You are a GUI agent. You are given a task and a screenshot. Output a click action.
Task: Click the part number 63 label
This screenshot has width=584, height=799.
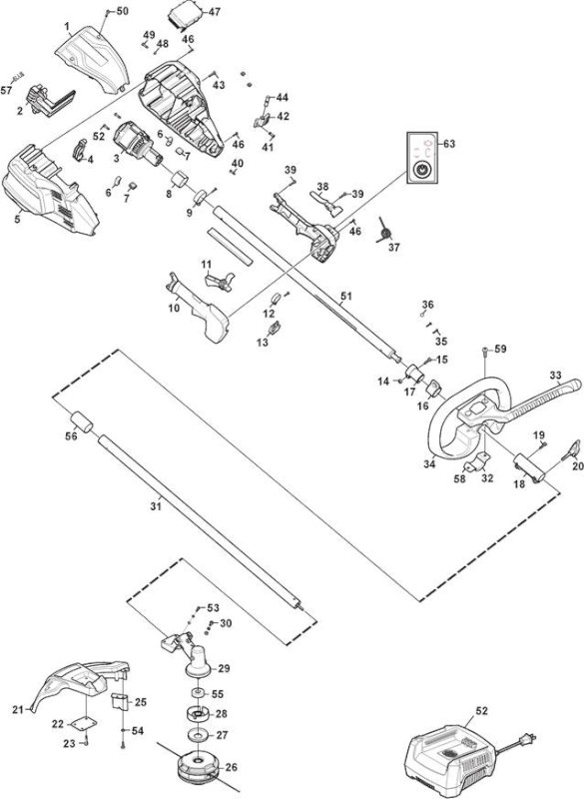tap(449, 144)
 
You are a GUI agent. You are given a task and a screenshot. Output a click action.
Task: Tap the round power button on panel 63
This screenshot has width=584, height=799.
tap(421, 170)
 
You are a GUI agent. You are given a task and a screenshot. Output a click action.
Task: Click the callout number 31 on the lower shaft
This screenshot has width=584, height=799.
tap(156, 506)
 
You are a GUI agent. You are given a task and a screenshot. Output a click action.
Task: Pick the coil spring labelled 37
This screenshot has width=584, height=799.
tap(384, 232)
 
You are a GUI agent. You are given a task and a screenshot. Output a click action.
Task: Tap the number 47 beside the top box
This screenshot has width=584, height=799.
tap(215, 11)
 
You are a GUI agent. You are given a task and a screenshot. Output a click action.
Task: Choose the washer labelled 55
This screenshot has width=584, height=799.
tap(197, 694)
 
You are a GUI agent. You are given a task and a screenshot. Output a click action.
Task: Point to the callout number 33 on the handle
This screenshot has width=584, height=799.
tap(555, 377)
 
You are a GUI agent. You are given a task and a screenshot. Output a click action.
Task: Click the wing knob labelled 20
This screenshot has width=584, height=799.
tap(572, 450)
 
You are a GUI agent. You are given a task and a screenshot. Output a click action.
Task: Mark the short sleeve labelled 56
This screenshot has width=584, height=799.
tap(81, 422)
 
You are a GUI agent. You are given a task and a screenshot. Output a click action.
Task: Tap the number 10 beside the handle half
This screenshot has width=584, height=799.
tap(174, 308)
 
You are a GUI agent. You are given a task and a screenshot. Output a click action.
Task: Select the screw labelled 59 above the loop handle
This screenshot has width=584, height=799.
tap(485, 351)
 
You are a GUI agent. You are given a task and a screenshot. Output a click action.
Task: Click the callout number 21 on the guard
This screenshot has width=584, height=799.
tap(18, 709)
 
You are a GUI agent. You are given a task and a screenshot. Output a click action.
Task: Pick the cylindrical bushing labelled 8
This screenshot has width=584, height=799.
tap(180, 180)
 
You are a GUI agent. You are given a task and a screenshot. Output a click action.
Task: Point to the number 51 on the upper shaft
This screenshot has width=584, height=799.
tap(346, 296)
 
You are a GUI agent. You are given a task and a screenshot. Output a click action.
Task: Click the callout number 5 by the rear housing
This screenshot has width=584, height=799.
tap(17, 219)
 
